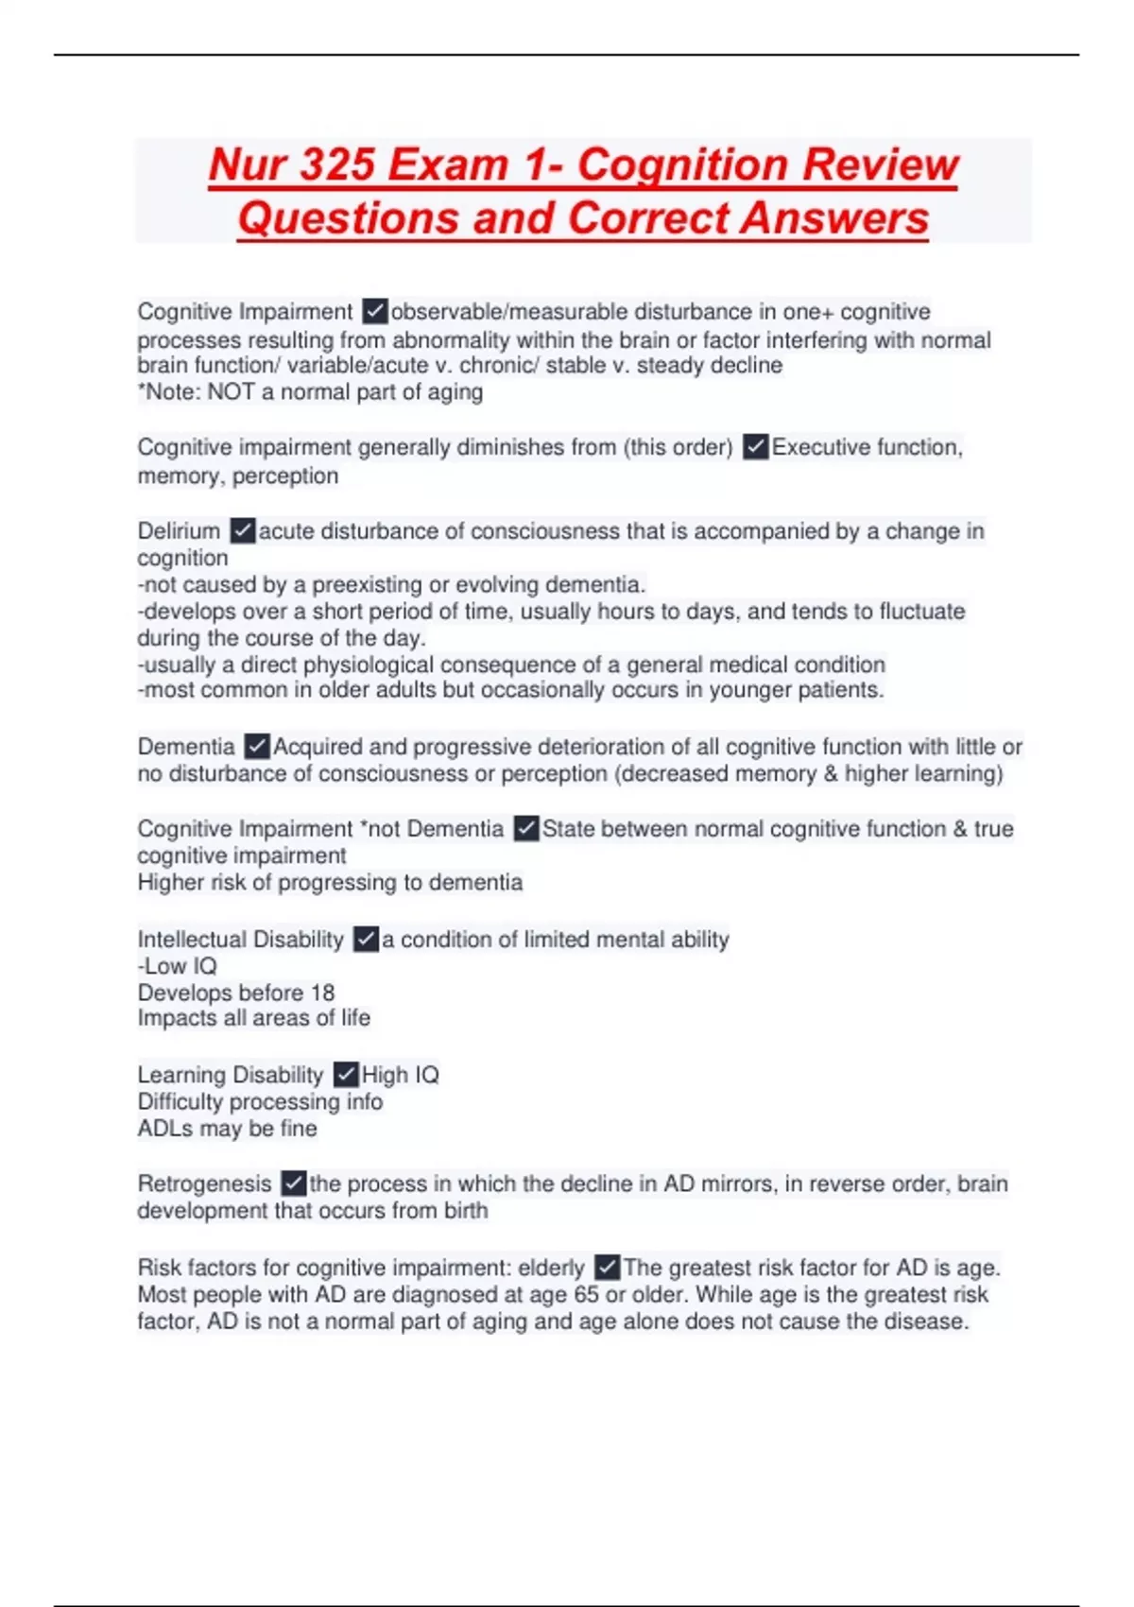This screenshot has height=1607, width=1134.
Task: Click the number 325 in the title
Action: (x=336, y=164)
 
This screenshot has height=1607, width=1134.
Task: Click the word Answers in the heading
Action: (x=834, y=218)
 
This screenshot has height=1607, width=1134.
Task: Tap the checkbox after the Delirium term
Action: (x=243, y=530)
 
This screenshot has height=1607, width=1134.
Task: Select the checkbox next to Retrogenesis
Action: (x=294, y=1183)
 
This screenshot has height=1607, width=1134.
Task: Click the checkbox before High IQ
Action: (x=346, y=1074)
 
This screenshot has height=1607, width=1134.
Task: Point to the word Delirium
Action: (x=179, y=531)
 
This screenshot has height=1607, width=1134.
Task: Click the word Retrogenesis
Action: (x=204, y=1184)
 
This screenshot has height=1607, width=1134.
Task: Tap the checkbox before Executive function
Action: (x=755, y=446)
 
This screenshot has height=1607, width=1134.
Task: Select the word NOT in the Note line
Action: (x=231, y=392)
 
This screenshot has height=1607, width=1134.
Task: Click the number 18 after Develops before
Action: (x=322, y=993)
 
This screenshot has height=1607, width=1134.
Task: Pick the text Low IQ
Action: (x=180, y=966)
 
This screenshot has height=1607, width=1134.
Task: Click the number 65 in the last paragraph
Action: (x=586, y=1294)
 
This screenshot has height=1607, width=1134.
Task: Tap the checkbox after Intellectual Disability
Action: (x=366, y=939)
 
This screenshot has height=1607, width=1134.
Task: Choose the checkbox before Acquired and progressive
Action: (x=257, y=746)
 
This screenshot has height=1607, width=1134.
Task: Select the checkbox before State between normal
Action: (x=526, y=828)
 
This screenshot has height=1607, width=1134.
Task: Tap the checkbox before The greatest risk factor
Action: (x=608, y=1267)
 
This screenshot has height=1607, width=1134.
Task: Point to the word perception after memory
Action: (x=285, y=475)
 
